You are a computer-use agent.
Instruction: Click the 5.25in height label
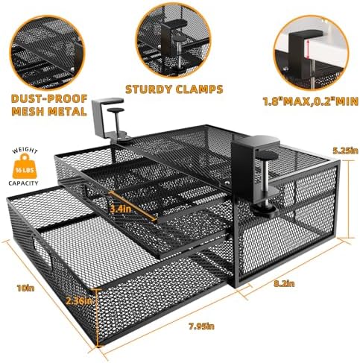[x=346, y=151]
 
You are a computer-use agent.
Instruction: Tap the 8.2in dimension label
[x=285, y=283]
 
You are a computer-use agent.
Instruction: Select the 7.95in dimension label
[x=201, y=326]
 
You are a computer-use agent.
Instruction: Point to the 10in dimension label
[x=25, y=288]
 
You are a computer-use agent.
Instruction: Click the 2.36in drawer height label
[x=79, y=301]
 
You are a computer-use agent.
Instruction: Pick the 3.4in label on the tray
[x=121, y=209]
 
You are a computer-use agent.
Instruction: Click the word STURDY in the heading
[x=149, y=89]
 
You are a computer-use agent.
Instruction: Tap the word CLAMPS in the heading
[x=200, y=89]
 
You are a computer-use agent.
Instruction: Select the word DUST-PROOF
[x=49, y=98]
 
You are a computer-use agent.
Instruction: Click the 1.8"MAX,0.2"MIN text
[x=311, y=101]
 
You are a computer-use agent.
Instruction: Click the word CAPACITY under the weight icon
[x=23, y=183]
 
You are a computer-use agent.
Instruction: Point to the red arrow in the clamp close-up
[x=308, y=49]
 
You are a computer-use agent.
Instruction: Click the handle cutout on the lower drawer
[x=42, y=252]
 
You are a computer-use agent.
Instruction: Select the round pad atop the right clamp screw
[x=267, y=155]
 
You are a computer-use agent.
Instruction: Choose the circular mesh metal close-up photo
[x=47, y=52]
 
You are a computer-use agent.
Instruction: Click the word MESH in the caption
[x=27, y=111]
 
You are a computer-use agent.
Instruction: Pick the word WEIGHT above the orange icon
[x=25, y=150]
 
